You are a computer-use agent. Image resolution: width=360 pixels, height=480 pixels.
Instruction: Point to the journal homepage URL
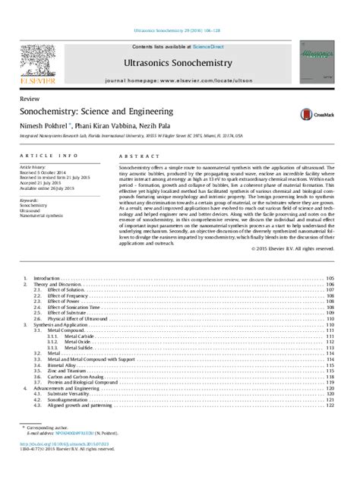179,80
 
